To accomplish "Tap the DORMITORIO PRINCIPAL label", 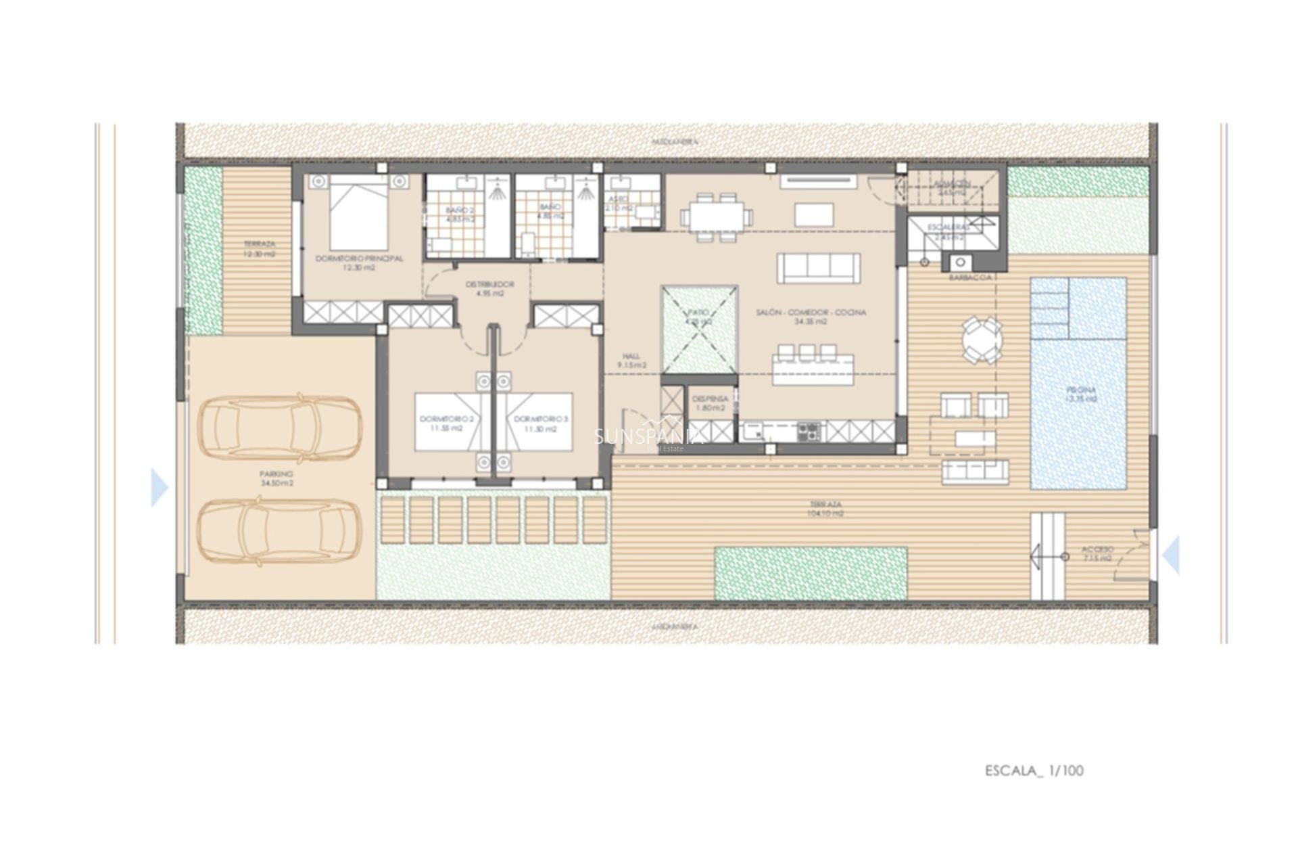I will [x=359, y=258].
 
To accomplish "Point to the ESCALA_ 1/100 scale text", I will [x=1034, y=771].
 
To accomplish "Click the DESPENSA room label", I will [x=710, y=399].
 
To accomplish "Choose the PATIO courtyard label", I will [x=698, y=313].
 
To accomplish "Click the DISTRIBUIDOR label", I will [x=490, y=284].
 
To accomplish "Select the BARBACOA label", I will [x=970, y=278].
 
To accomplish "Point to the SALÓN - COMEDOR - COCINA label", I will [x=811, y=313].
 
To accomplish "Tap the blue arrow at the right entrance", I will [x=1171, y=555].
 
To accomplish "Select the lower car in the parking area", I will [x=279, y=531].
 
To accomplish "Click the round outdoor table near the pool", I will [x=982, y=341].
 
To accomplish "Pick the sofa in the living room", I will [x=819, y=269].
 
